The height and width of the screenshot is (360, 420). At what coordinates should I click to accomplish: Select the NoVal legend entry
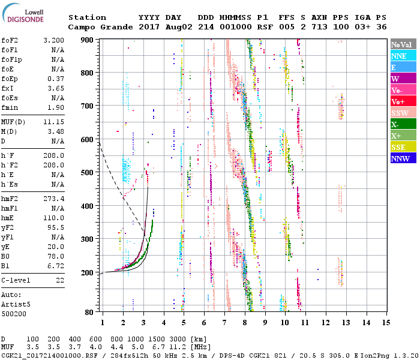click(401, 45)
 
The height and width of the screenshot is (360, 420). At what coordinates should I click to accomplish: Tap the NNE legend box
click(401, 56)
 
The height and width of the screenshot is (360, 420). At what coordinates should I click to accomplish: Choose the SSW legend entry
click(401, 113)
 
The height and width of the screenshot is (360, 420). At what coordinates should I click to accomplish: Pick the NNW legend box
click(401, 159)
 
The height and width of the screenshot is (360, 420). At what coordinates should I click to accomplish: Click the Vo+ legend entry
click(401, 102)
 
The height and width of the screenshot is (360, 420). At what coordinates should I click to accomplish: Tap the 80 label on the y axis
click(89, 312)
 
